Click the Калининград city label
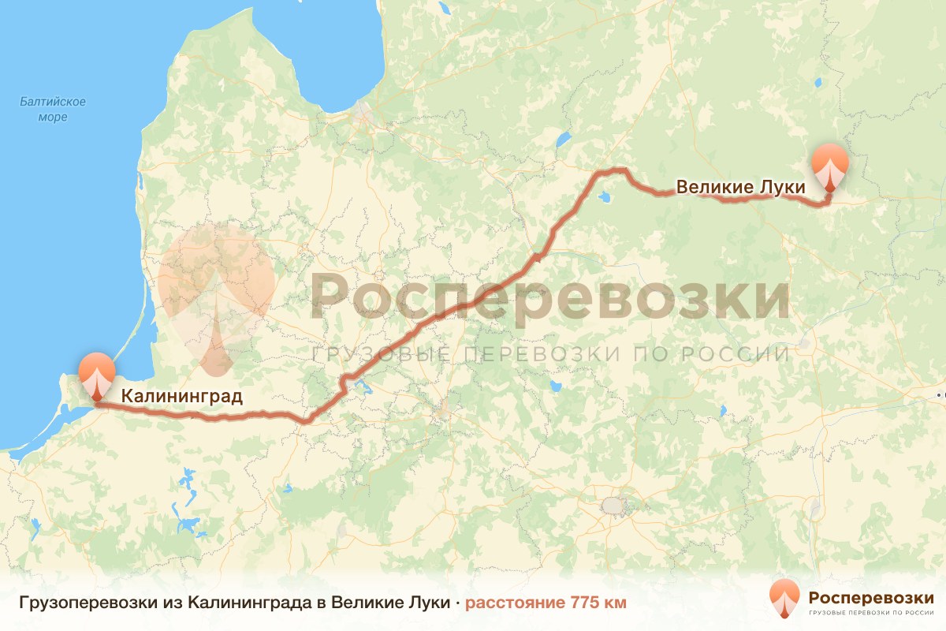pyautogui.click(x=181, y=396)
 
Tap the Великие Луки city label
pyautogui.click(x=741, y=188)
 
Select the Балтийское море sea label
pyautogui.click(x=53, y=110)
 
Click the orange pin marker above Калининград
pyautogui.click(x=97, y=376)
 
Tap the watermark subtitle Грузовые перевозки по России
pyautogui.click(x=549, y=354)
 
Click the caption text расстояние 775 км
pyautogui.click(x=546, y=603)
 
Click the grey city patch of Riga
pyautogui.click(x=363, y=114)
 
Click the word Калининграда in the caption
pyautogui.click(x=250, y=603)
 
